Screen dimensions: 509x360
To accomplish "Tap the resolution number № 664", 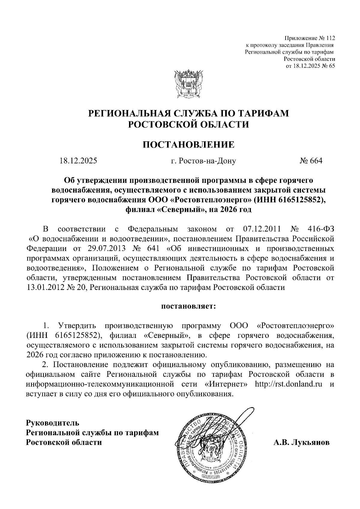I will click(311, 161).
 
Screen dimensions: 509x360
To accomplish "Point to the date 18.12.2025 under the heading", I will click(78, 161).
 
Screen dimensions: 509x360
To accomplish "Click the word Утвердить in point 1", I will click(77, 326).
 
